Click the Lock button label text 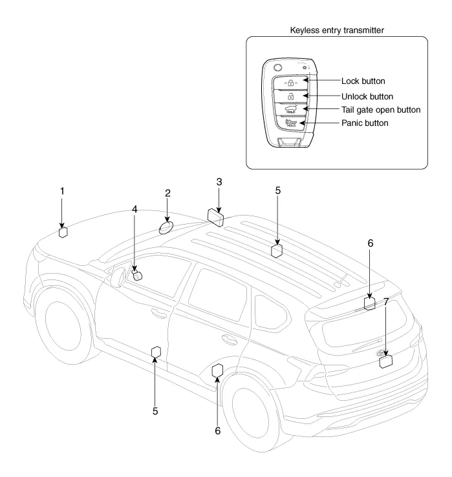coord(363,81)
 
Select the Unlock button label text coord(367,96)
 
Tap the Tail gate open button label coord(381,110)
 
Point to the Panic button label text coord(365,123)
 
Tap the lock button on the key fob coord(291,82)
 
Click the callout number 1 coord(62,191)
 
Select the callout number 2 coord(167,193)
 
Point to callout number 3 coord(219,182)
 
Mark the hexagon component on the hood coord(63,232)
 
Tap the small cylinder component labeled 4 coord(137,276)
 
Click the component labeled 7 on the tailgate coord(386,361)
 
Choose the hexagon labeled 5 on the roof coord(276,250)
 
